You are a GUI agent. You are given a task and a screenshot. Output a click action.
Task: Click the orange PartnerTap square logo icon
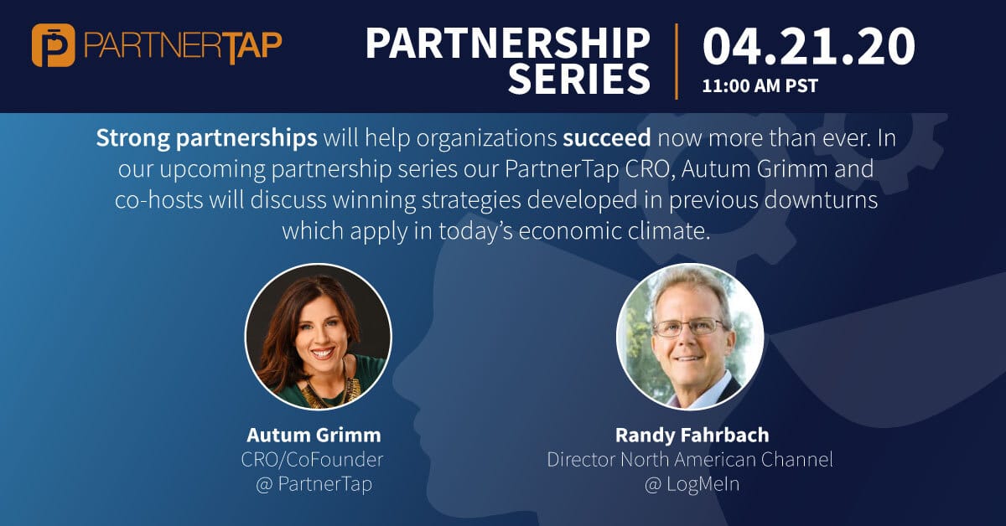pos(54,45)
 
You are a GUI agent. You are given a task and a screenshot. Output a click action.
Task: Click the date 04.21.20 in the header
pos(809,46)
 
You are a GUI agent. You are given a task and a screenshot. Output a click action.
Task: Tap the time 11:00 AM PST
pos(760,85)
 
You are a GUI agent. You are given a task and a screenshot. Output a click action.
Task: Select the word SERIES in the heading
pos(579,79)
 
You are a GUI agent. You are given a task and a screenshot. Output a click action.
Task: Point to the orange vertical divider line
pos(677,61)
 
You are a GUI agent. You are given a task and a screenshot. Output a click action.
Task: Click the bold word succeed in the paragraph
pos(607,138)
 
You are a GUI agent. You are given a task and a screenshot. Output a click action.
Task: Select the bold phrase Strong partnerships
pos(206,139)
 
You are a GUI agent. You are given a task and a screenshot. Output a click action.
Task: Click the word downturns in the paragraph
pos(821,199)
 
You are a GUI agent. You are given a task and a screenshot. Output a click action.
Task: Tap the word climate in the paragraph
pos(669,231)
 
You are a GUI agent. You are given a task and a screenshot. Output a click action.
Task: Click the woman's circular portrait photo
pos(318,337)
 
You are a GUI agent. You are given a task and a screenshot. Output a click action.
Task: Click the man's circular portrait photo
pos(690,337)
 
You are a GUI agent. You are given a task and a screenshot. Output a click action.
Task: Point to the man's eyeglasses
pos(688,327)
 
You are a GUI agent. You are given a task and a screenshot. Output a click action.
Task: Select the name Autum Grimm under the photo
pos(314,435)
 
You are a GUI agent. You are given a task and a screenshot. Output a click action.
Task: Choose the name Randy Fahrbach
pos(692,435)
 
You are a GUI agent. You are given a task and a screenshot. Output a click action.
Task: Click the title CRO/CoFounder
pos(312,460)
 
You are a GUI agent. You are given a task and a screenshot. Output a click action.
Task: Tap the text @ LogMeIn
pos(692,484)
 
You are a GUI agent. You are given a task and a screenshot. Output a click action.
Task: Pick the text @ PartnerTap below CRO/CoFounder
pos(314,485)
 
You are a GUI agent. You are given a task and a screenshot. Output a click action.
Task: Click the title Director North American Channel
pos(690,460)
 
